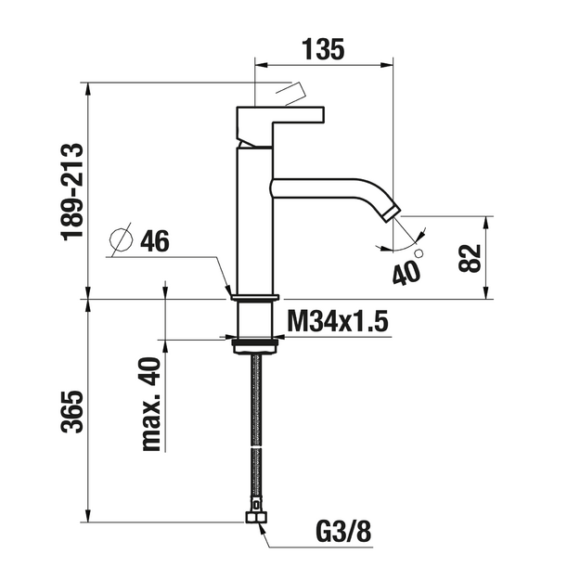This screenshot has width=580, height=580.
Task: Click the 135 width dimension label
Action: (324, 49)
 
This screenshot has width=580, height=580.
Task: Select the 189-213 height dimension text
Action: (73, 192)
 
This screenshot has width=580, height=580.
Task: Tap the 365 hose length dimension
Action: (72, 411)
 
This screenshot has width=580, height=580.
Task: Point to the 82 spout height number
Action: (470, 258)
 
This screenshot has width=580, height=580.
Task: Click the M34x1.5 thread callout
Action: (338, 321)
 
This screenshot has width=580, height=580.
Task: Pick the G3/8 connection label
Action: (343, 532)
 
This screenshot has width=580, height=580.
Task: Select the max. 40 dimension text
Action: (152, 404)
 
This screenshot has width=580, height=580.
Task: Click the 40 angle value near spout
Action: (406, 273)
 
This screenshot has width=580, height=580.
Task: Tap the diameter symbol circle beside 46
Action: (121, 239)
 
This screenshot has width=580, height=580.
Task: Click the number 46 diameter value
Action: (155, 240)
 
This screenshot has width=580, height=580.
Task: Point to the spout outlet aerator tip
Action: (393, 215)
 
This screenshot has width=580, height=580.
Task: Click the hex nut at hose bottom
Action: (256, 517)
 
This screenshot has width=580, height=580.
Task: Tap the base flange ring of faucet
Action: (255, 297)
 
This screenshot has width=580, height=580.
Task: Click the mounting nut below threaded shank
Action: (255, 346)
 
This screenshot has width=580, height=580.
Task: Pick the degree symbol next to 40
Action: (419, 253)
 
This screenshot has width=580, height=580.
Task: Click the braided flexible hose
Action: (255, 432)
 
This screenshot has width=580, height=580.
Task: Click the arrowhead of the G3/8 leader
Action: (263, 528)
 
